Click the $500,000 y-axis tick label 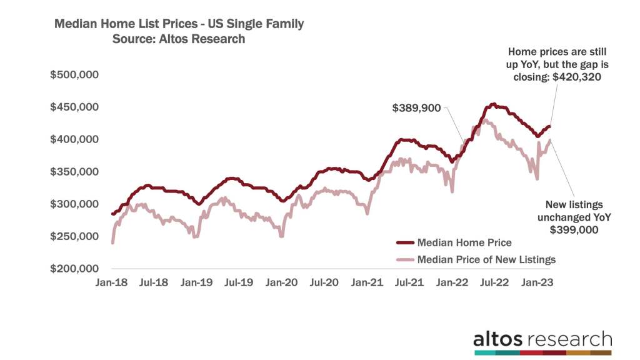click(x=74, y=75)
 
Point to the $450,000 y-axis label click(x=74, y=107)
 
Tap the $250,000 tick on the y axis click(x=74, y=236)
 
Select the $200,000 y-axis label click(x=74, y=269)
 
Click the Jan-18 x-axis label click(x=111, y=282)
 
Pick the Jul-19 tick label click(x=239, y=282)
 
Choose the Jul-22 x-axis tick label click(x=494, y=282)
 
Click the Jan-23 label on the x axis click(x=536, y=282)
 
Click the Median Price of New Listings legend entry click(x=486, y=259)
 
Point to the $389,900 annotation click(x=416, y=107)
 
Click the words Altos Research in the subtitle click(x=206, y=39)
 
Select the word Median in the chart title click(x=75, y=24)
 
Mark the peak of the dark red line click(x=493, y=104)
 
